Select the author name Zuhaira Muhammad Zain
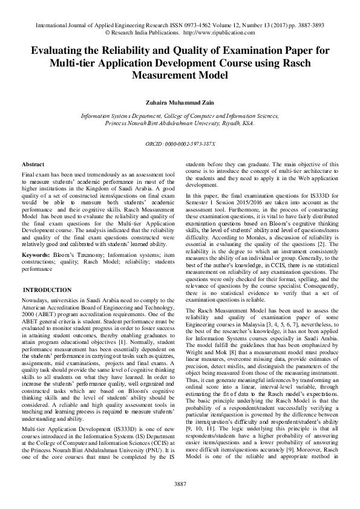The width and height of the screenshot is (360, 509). [x=180, y=102]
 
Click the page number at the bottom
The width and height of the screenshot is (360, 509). [x=180, y=484]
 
